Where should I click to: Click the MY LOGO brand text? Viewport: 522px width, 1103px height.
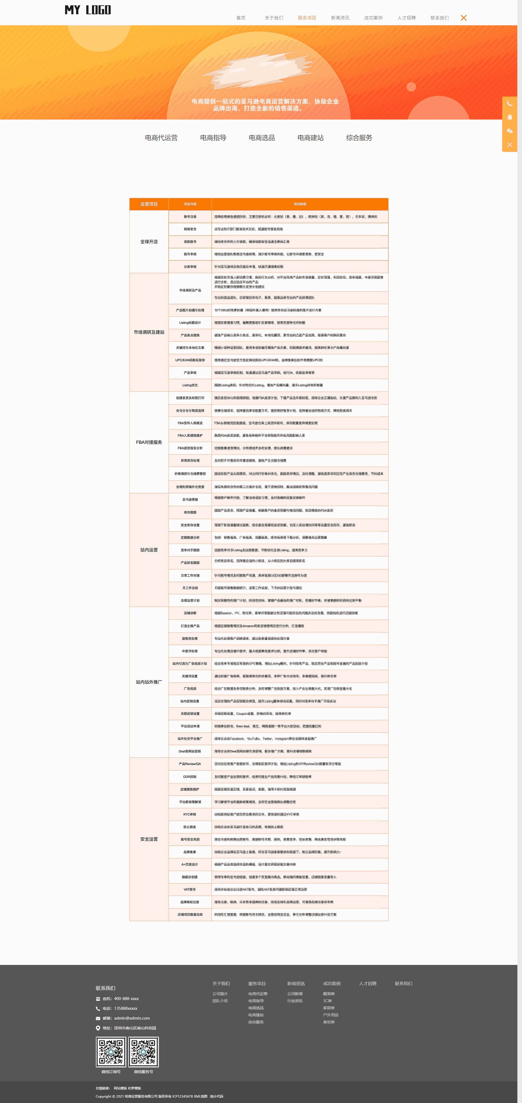click(88, 10)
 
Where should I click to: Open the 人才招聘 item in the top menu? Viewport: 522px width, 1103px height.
click(406, 18)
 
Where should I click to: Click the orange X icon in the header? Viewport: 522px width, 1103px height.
click(463, 18)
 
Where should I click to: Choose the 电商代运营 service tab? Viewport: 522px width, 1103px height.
click(161, 138)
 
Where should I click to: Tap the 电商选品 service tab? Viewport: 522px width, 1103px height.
click(262, 138)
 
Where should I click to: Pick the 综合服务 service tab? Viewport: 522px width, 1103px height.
click(359, 138)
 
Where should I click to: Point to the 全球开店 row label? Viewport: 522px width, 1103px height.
click(149, 242)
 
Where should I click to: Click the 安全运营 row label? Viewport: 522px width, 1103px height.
click(149, 839)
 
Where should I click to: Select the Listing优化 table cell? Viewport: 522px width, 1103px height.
click(190, 385)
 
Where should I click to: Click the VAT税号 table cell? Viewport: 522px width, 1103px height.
click(190, 889)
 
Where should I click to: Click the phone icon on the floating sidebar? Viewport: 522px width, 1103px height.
click(510, 104)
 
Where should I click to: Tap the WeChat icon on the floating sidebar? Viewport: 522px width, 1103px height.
click(510, 131)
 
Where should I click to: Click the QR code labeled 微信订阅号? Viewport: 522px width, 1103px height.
click(111, 1052)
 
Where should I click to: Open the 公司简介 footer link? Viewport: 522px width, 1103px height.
click(220, 994)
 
